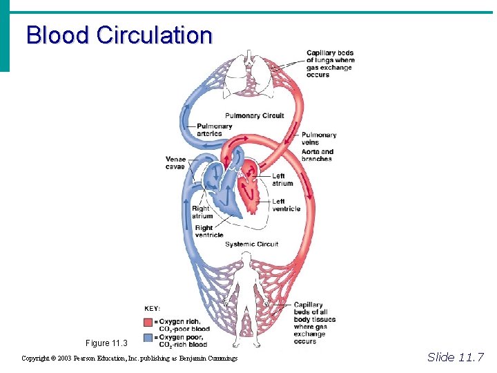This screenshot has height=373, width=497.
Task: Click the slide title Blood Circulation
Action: tap(119, 35)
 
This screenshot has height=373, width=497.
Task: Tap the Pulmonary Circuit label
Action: tap(254, 115)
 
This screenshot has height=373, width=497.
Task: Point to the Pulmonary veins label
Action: tap(319, 138)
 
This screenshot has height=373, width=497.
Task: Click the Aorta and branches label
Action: tap(318, 155)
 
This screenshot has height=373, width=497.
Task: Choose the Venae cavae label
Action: tap(175, 163)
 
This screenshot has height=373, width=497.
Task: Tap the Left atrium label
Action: tap(282, 180)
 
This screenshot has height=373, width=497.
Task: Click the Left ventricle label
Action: tap(286, 205)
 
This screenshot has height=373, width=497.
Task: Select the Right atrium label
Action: tap(202, 212)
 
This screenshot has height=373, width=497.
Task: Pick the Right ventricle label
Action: tap(208, 231)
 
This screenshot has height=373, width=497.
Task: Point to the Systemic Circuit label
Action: tap(252, 244)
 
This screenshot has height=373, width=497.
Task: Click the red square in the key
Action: tap(148, 322)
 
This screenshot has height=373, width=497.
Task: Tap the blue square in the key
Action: tap(148, 337)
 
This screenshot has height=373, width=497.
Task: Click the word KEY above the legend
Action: tap(153, 309)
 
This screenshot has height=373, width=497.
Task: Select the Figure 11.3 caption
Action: tap(107, 343)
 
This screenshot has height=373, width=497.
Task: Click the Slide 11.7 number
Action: tap(456, 357)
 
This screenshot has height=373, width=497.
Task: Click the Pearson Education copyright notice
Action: tap(130, 358)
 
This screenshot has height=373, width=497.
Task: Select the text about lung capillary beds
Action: tap(331, 64)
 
